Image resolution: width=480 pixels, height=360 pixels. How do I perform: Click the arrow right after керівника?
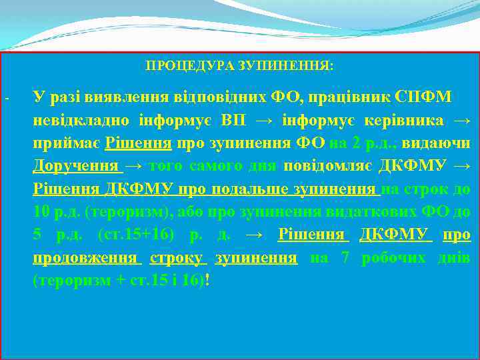[461, 121]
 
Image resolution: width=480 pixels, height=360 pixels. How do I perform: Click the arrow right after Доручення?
[134, 166]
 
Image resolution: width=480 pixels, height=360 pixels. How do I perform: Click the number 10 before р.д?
[41, 212]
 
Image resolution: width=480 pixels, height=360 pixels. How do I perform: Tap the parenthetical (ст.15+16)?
[136, 235]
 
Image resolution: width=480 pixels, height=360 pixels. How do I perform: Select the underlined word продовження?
[85, 257]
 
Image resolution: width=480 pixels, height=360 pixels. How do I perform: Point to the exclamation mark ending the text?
[209, 280]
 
